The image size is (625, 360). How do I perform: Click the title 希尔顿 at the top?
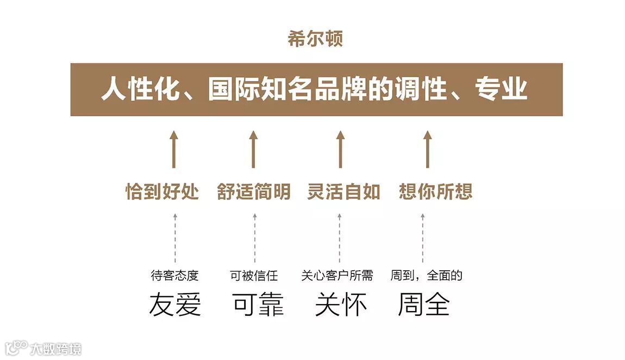[316, 40]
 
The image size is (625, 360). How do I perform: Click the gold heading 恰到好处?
[162, 191]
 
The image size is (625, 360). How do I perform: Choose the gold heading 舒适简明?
[254, 191]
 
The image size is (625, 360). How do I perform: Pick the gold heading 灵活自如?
[343, 191]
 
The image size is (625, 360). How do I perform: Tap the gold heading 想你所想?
[435, 191]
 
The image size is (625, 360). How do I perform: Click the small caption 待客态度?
[174, 276]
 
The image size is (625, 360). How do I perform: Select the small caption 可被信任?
[254, 276]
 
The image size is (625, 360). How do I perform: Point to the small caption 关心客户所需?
[337, 276]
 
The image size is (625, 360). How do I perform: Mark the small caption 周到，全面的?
[426, 276]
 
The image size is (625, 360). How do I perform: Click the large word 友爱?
[175, 305]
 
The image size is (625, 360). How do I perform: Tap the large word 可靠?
[259, 305]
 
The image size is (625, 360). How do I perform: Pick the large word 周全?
[424, 305]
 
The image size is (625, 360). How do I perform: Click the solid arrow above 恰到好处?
[174, 149]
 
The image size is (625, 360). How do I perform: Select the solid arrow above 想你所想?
[428, 149]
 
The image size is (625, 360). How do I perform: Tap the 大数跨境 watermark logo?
[43, 348]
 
